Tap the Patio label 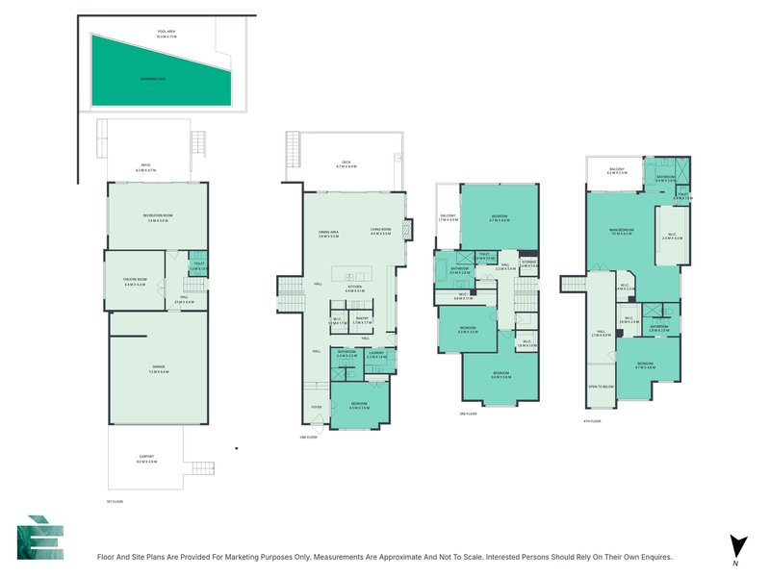[146, 166]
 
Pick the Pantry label [362, 320]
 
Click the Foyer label [316, 406]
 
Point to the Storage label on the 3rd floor [528, 262]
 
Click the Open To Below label [601, 386]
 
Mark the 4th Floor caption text [593, 420]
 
